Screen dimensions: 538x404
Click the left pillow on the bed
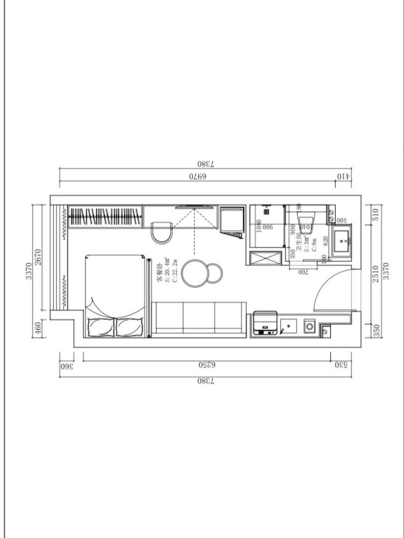101,327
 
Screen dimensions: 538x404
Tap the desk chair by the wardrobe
161,232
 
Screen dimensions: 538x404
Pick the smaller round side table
215,273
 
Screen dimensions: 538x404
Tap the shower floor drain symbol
266,213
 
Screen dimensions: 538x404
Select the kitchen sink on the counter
288,326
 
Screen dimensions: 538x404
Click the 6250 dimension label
207,365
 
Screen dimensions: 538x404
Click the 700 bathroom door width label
303,272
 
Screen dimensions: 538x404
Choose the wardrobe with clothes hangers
105,217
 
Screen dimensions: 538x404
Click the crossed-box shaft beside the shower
265,258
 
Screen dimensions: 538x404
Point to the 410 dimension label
343,177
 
